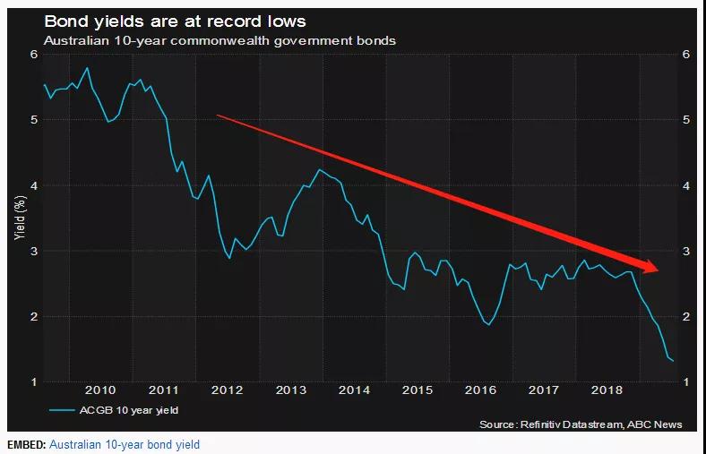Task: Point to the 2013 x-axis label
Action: click(x=290, y=390)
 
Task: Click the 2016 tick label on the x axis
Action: click(x=481, y=390)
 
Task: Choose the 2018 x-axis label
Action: click(x=607, y=390)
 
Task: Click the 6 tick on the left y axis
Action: click(x=32, y=55)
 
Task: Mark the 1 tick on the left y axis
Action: click(x=32, y=382)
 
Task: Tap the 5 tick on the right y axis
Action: click(x=686, y=120)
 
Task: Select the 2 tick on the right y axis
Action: click(x=686, y=317)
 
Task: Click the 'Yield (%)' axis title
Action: click(x=20, y=219)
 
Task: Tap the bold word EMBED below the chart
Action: click(x=25, y=445)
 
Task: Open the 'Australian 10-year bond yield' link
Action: click(x=125, y=445)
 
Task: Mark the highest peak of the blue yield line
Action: click(x=87, y=68)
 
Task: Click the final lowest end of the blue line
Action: click(x=673, y=360)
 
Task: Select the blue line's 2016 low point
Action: click(x=488, y=325)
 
